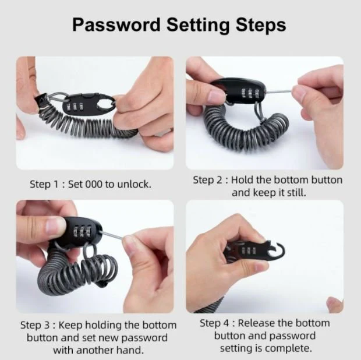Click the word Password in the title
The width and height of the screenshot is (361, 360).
116,25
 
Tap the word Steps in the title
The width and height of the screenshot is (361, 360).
261,26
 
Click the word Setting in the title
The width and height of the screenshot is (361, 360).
198,26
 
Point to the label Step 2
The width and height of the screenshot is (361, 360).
208,180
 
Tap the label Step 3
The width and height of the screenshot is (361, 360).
35,325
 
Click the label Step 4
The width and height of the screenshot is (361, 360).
214,323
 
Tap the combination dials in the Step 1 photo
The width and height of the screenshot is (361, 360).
75,107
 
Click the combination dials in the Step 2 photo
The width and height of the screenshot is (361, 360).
250,93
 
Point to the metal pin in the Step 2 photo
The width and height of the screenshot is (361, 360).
278,91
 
